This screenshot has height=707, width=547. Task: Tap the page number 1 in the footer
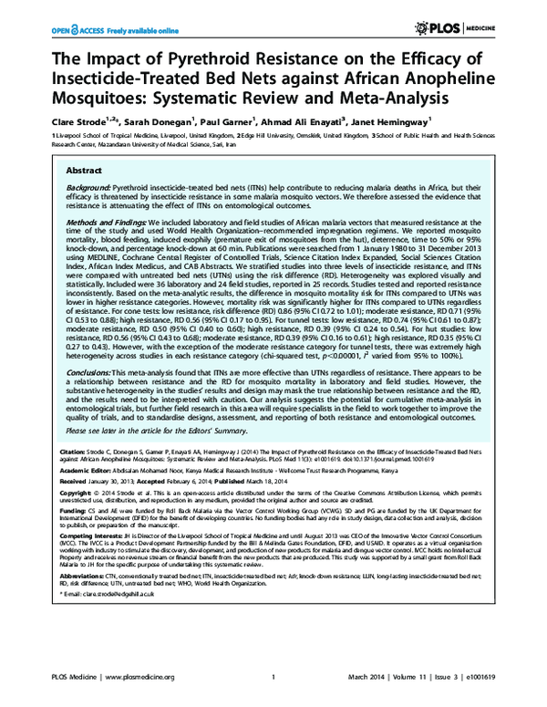tap(273, 678)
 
